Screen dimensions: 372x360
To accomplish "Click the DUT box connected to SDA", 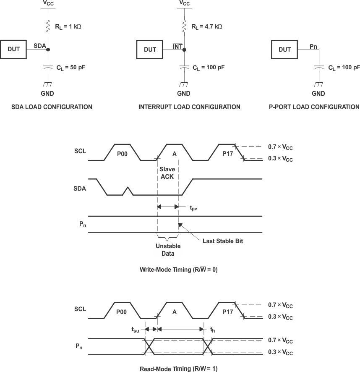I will click(x=14, y=50).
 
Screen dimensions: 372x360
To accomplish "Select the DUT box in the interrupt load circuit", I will click(x=150, y=50).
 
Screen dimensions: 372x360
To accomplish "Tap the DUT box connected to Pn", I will click(x=284, y=50).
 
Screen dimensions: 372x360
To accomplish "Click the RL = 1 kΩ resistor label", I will click(x=68, y=26).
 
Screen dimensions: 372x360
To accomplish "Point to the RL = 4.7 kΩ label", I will click(x=206, y=26).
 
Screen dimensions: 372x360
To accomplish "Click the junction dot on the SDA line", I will click(x=48, y=50).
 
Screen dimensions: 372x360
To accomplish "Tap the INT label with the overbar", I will click(x=178, y=47).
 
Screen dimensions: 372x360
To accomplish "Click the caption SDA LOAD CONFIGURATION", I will click(x=52, y=107).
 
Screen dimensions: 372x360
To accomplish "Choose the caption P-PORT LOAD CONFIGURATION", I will click(x=314, y=107).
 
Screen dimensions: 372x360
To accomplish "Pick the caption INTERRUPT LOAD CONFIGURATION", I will click(x=189, y=107).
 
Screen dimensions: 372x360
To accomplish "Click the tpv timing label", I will click(x=193, y=208).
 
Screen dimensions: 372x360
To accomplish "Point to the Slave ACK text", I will click(x=167, y=173).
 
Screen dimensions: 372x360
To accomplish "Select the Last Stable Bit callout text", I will click(x=223, y=241).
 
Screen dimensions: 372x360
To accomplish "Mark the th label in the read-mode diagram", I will click(x=213, y=330).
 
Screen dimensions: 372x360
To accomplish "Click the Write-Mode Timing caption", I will click(x=179, y=270).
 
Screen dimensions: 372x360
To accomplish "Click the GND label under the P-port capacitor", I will click(x=318, y=94).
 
